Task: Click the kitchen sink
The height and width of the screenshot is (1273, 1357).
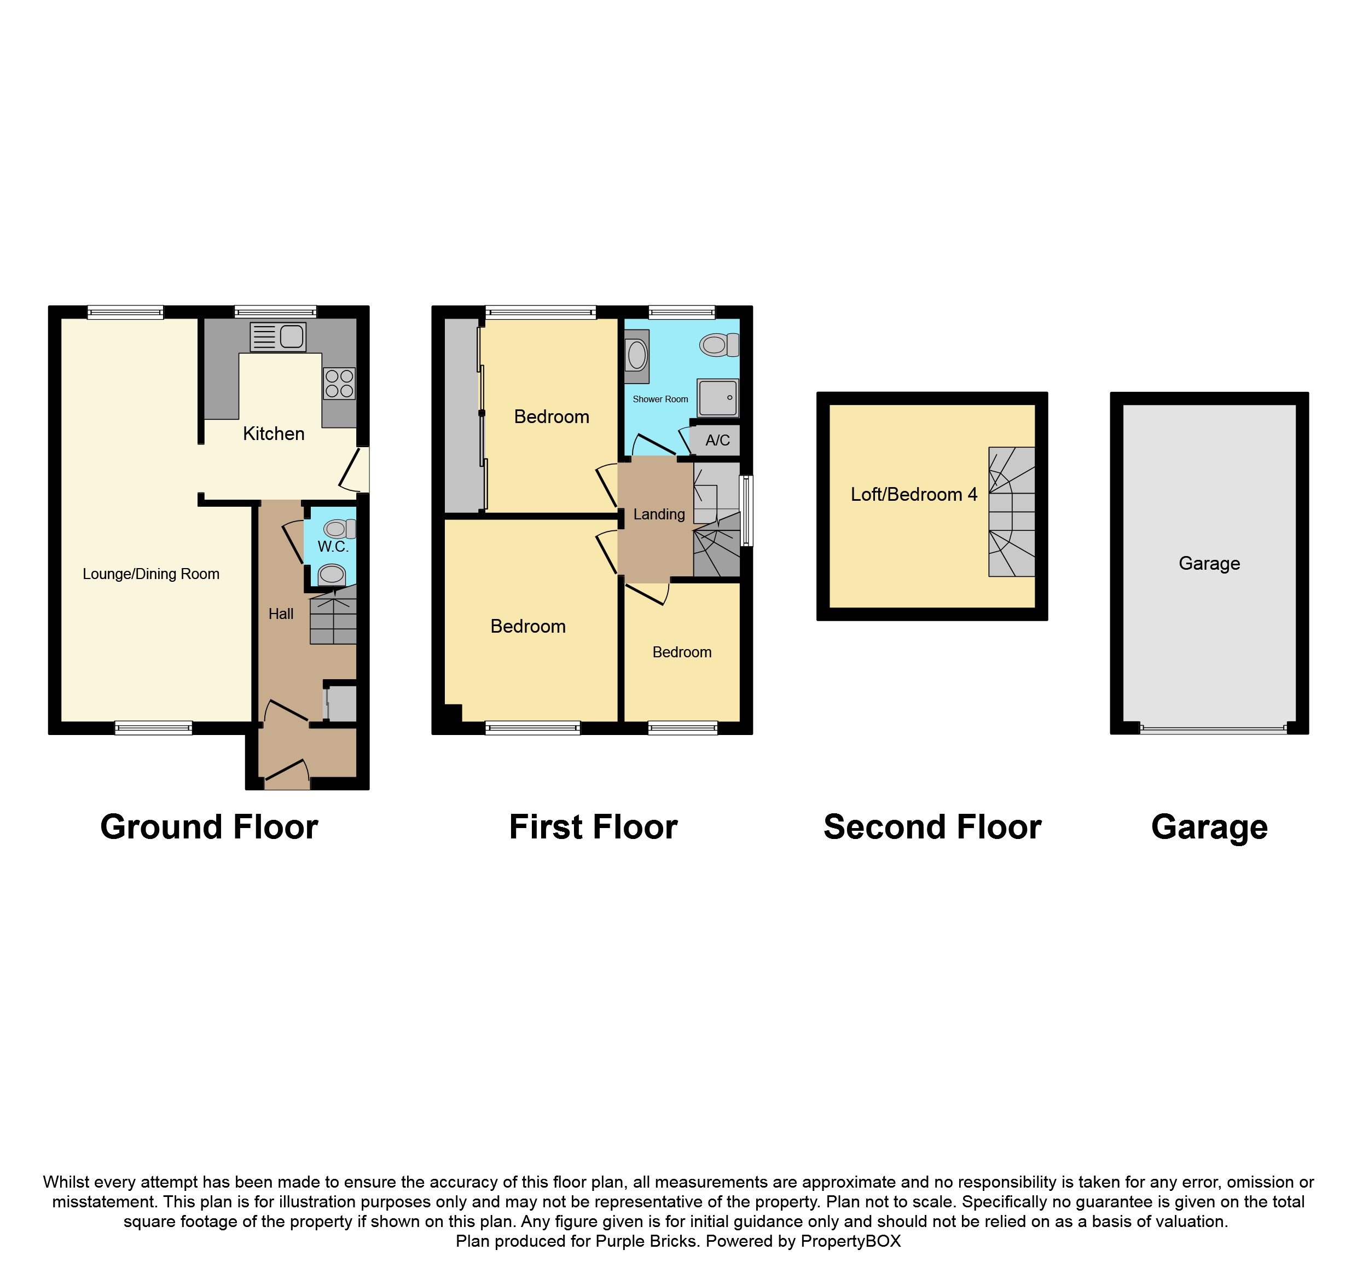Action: click(x=278, y=337)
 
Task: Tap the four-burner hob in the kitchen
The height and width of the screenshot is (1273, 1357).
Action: click(x=339, y=383)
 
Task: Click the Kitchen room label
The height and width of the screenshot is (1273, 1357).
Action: click(x=274, y=433)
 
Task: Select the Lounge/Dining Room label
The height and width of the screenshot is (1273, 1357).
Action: click(x=151, y=574)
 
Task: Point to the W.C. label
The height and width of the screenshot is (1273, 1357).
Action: click(x=333, y=547)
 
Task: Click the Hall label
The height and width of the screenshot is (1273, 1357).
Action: click(x=281, y=614)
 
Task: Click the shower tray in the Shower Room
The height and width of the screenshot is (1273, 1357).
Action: click(x=718, y=398)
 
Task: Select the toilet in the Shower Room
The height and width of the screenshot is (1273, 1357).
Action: click(x=720, y=345)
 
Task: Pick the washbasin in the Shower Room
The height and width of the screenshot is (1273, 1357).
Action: click(x=636, y=356)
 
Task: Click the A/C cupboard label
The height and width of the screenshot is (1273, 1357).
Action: click(x=717, y=440)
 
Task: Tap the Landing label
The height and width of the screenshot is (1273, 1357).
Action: click(x=659, y=514)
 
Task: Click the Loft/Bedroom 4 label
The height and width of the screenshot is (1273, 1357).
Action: click(x=914, y=494)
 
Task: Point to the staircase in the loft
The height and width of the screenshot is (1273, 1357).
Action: click(x=1012, y=512)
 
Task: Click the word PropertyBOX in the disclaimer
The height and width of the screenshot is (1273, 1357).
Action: click(x=850, y=1241)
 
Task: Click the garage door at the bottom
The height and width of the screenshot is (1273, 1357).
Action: click(x=1213, y=729)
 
